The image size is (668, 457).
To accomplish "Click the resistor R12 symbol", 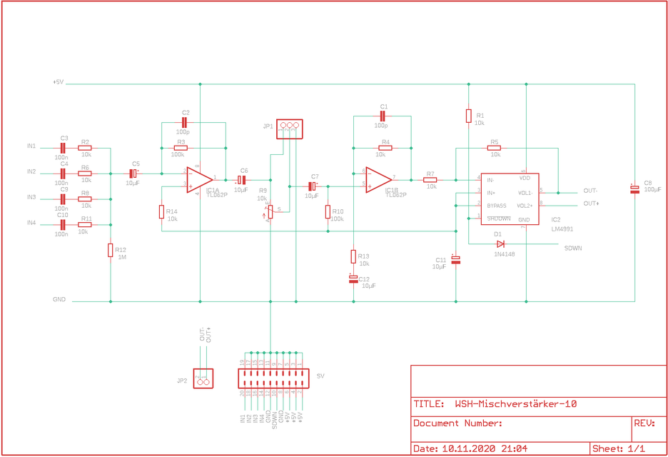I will point(111,250).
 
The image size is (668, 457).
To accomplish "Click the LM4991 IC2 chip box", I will point(509,199).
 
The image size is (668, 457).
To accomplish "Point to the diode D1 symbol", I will point(500,243).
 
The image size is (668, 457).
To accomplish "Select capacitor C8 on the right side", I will point(634,189).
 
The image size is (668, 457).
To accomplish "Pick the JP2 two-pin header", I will point(203,382).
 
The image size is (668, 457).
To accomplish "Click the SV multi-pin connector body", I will point(271,378).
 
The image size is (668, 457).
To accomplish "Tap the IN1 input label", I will point(31,146).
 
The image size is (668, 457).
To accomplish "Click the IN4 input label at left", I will point(31,224).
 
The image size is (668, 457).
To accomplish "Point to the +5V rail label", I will point(58,82).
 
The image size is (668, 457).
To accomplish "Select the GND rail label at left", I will point(59,300).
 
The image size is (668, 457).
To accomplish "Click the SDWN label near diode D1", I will point(572,248).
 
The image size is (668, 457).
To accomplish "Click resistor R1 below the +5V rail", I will point(469,116).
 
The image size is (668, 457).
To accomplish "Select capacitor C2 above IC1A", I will point(184,123).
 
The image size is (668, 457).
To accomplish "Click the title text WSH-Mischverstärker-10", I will point(515,404).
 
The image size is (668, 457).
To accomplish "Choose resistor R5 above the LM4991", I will point(494,149).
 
